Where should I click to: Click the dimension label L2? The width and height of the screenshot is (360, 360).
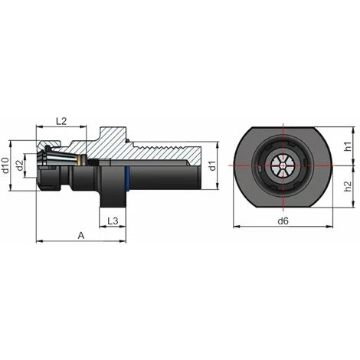coord(62,121)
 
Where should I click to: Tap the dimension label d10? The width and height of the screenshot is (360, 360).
coord(7,165)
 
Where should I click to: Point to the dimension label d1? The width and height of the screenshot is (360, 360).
coord(216,165)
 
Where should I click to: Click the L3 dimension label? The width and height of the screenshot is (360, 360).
coord(112,221)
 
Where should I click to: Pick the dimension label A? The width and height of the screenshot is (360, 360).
coord(81,236)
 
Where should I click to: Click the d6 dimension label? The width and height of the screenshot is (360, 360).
coord(283,221)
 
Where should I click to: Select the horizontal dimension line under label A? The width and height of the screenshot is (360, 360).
coord(81,243)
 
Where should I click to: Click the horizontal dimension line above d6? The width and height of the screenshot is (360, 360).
coord(283,228)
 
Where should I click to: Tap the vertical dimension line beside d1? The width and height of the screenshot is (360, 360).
coord(224,165)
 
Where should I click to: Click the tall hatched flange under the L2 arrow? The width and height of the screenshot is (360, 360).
coord(107,142)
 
